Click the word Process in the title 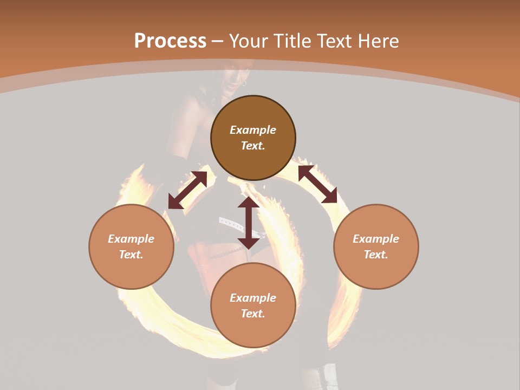point(170,41)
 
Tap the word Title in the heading point(291,41)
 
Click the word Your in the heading point(250,41)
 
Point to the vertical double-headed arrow point(249,223)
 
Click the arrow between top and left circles point(187,190)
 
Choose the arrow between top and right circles point(317,184)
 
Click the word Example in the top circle point(253,130)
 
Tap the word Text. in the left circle point(131,255)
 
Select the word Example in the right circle point(376,239)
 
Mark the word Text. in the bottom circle point(253,314)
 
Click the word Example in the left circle point(131,239)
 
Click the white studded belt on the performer point(230,222)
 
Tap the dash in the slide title point(217,41)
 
